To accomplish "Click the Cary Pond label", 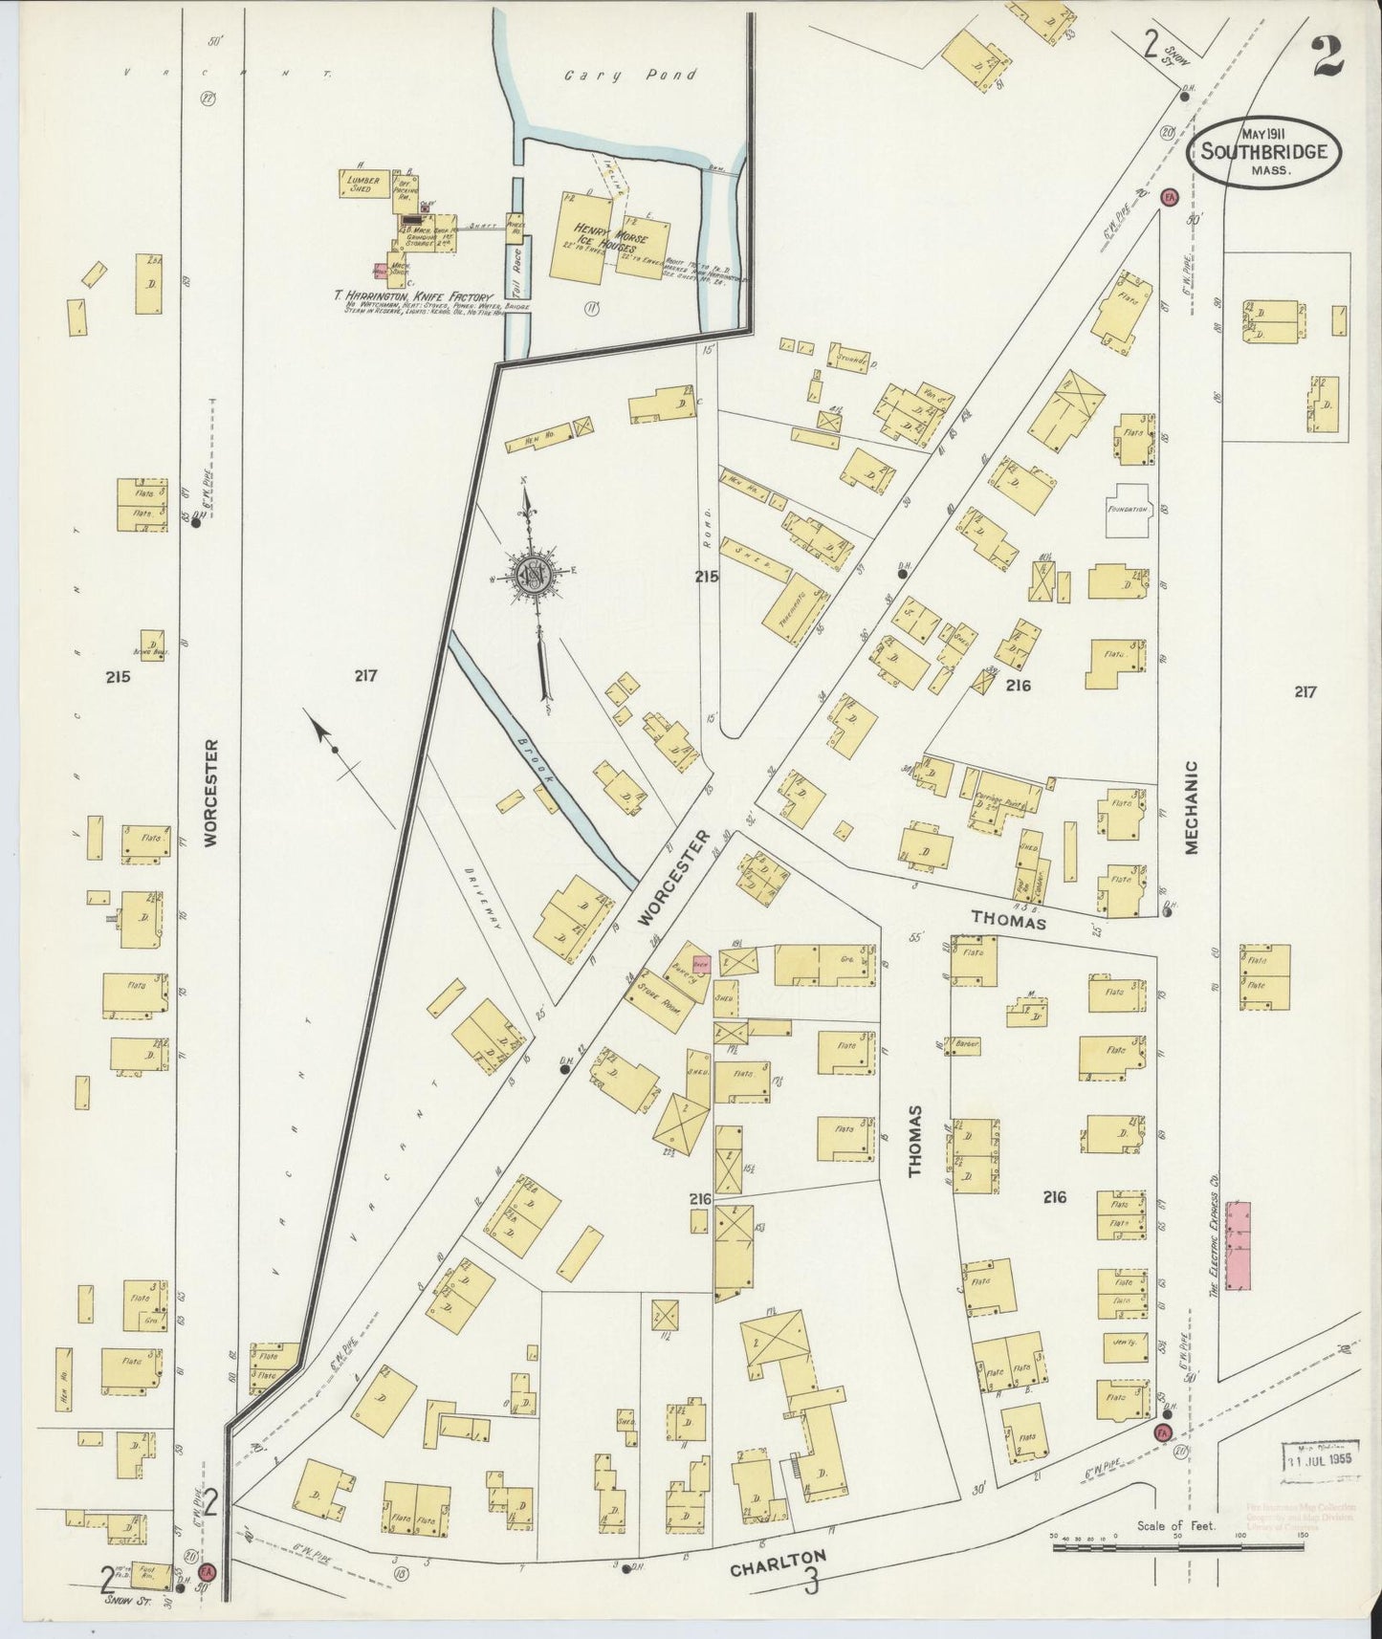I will pos(631,75).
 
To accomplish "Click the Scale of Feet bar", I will pos(1176,1545).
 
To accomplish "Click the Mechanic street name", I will pos(1192,808).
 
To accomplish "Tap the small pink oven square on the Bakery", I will pos(700,964).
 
